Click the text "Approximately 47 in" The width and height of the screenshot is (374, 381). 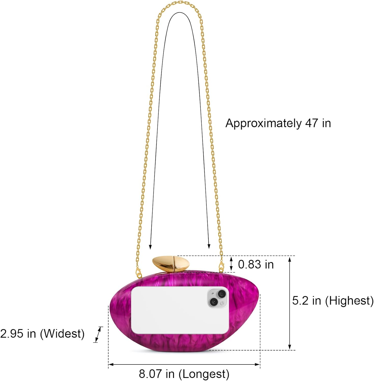pyautogui.click(x=278, y=123)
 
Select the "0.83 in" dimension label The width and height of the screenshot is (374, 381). pyautogui.click(x=256, y=264)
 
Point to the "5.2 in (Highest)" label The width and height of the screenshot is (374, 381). pyautogui.click(x=333, y=301)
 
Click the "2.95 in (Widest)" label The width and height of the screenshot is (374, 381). pyautogui.click(x=42, y=334)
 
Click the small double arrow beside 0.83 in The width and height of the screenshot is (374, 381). pyautogui.click(x=231, y=264)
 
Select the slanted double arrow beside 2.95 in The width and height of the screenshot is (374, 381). pyautogui.click(x=98, y=335)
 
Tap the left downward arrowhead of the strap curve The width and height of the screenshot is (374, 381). pyautogui.click(x=150, y=247)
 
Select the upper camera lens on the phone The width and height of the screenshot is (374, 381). pyautogui.click(x=222, y=294)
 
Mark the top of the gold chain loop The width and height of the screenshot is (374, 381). pyautogui.click(x=179, y=2)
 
